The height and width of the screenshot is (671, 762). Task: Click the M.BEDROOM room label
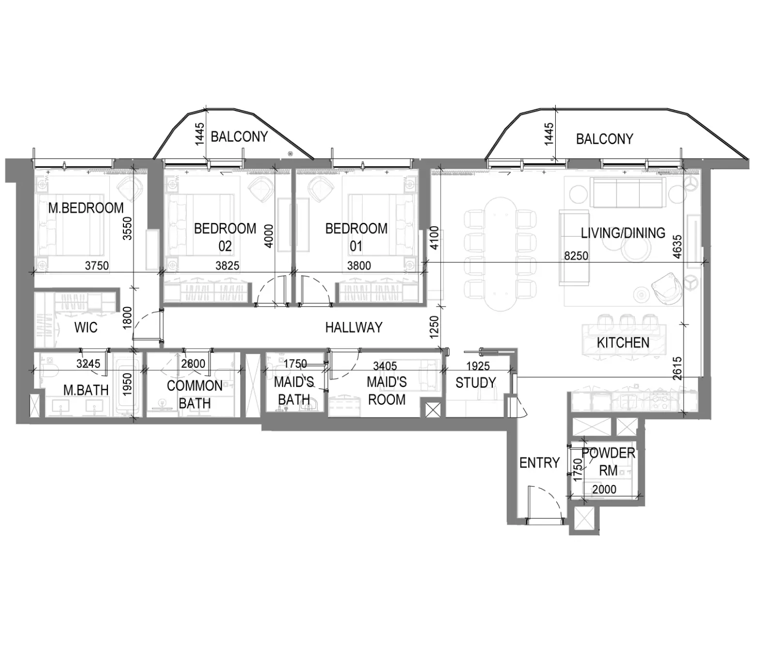86,208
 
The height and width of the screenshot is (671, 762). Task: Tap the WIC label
86,328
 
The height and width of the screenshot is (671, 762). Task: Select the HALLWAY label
353,328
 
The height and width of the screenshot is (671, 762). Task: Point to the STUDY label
475,383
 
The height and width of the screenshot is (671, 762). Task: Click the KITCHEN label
623,343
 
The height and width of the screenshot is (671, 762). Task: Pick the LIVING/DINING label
623,233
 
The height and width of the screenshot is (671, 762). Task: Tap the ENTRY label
539,463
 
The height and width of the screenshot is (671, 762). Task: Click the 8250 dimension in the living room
576,256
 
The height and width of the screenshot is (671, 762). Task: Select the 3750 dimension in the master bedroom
97,266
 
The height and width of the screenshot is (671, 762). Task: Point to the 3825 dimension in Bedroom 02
227,266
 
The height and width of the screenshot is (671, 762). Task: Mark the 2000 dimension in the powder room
604,489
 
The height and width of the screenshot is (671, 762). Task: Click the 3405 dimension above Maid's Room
385,366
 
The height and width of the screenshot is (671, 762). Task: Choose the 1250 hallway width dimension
434,327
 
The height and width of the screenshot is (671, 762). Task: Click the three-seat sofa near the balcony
628,193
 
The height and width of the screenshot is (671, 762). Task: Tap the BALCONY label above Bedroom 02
239,137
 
